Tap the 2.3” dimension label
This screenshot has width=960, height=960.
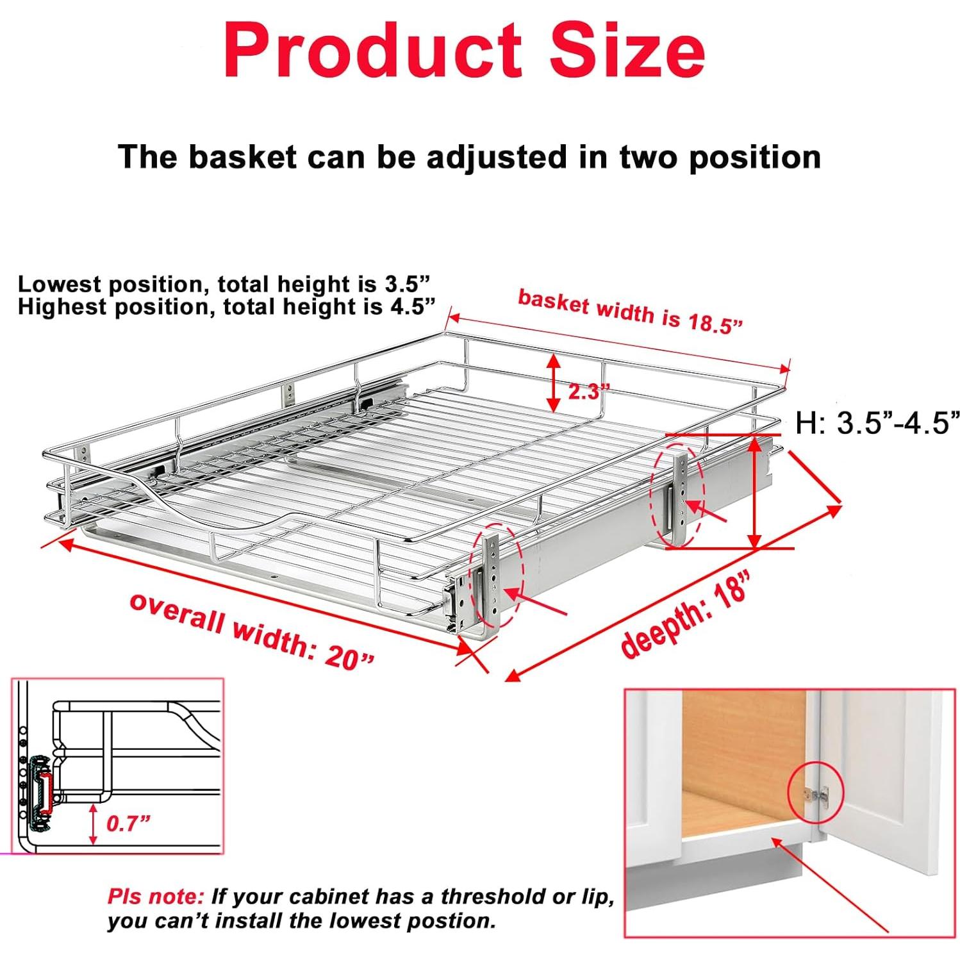tap(585, 392)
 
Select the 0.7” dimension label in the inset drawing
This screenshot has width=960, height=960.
tap(128, 823)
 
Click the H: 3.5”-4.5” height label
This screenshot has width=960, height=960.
tap(877, 424)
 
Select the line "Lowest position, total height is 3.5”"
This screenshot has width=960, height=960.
tap(223, 284)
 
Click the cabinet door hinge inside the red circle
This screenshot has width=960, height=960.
tap(816, 794)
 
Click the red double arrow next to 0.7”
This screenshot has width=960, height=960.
tap(94, 823)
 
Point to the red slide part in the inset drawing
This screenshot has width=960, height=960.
tap(45, 793)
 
